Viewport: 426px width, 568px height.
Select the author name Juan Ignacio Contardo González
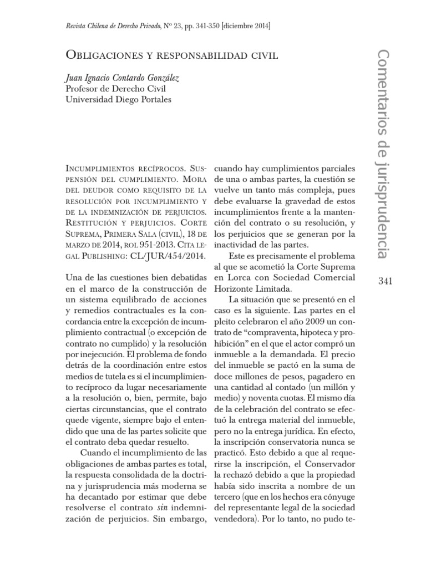(x=123, y=78)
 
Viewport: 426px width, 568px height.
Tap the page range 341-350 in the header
(x=203, y=27)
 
